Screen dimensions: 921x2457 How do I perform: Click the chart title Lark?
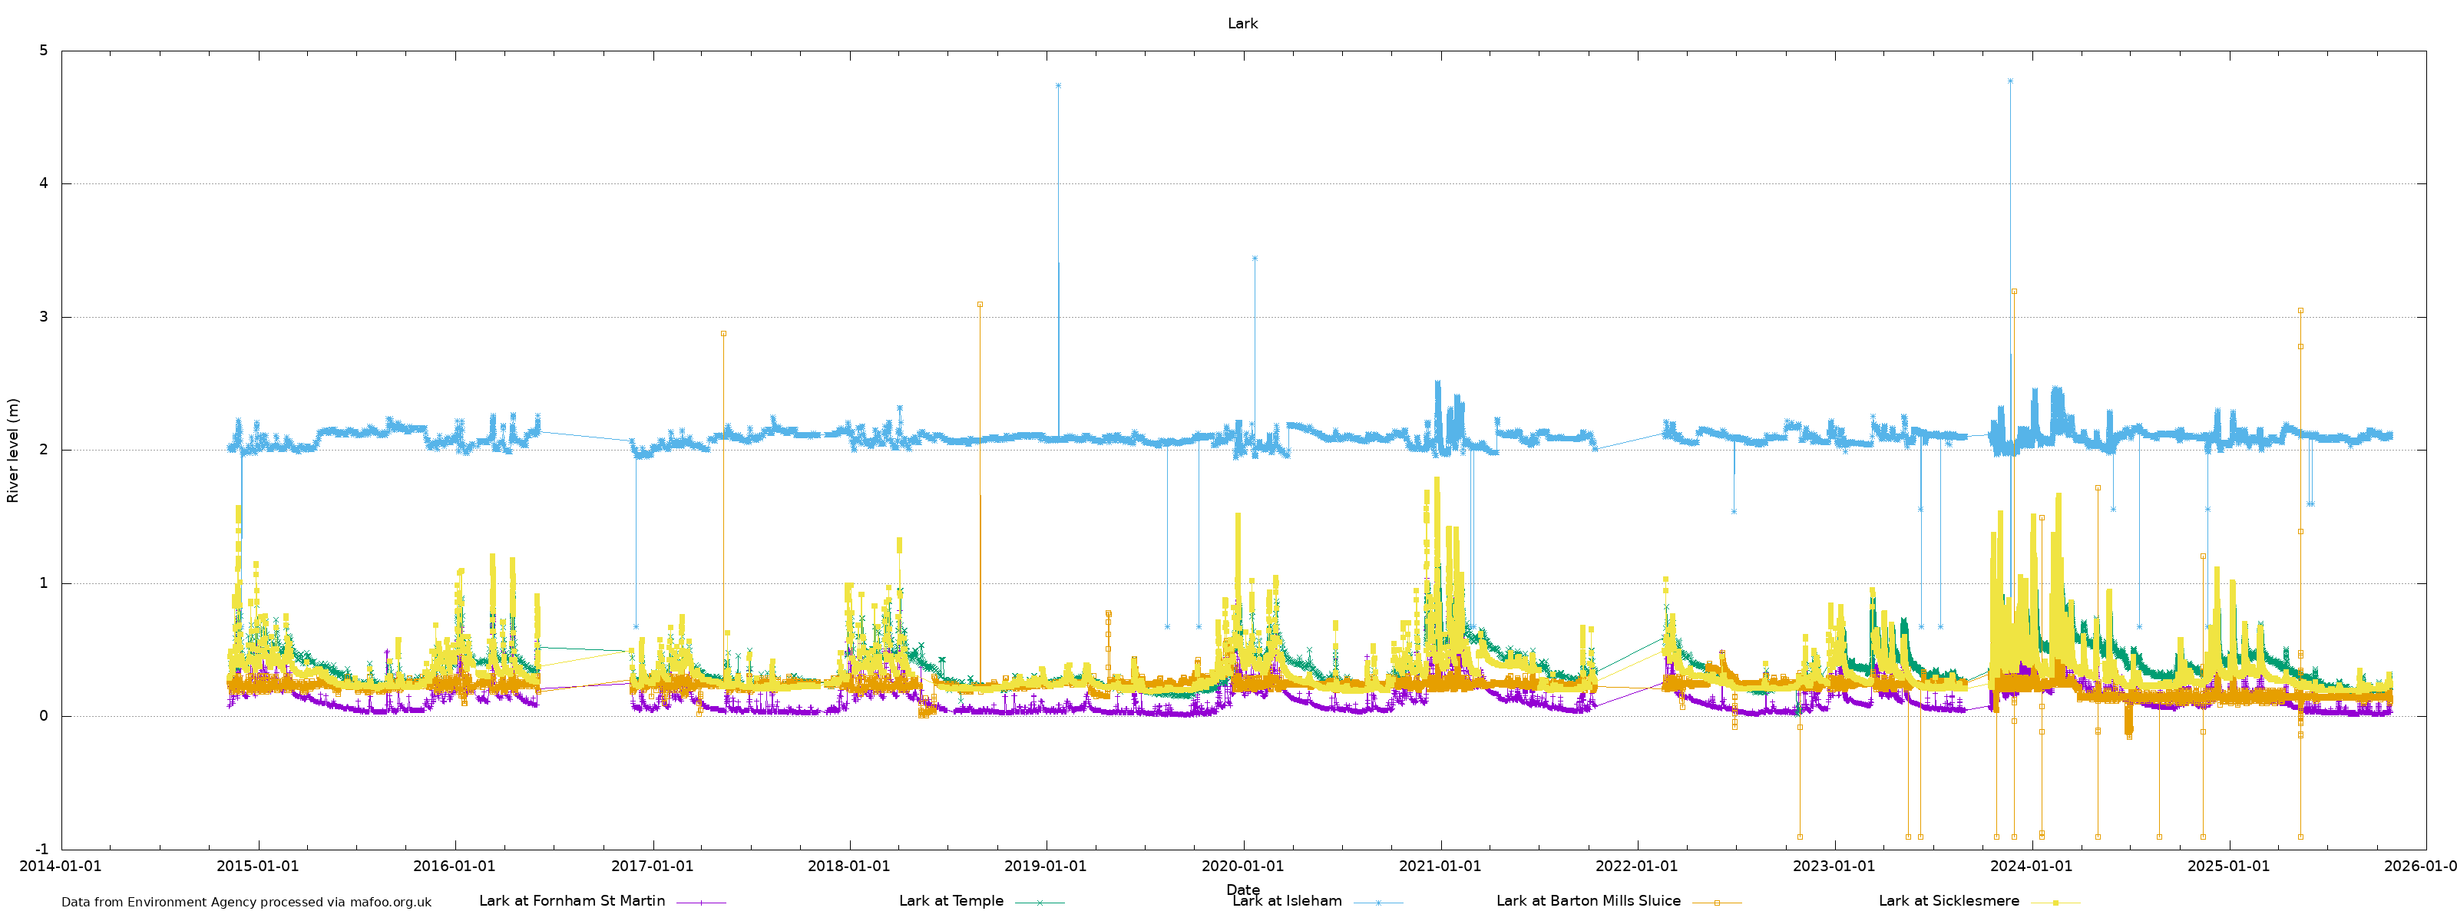click(1242, 24)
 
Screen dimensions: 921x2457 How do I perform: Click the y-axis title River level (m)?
click(13, 450)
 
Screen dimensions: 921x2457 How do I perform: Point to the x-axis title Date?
click(1242, 890)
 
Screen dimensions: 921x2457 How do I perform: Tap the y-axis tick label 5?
click(44, 51)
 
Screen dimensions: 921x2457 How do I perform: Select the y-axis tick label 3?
click(44, 316)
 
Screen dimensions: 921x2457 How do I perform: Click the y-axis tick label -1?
click(41, 850)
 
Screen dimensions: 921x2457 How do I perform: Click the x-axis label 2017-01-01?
click(653, 867)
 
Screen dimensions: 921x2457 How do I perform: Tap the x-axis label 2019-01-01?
click(1047, 867)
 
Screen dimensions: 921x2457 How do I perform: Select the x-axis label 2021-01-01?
click(1440, 867)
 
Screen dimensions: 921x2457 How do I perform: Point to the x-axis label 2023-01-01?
click(1834, 867)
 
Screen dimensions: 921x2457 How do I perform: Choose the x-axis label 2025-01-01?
click(2228, 867)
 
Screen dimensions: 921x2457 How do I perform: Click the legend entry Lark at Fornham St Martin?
click(572, 901)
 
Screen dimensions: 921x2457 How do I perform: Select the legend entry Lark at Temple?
click(951, 901)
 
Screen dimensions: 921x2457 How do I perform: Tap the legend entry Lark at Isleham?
click(1287, 901)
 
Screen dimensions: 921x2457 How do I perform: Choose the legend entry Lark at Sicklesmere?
click(1949, 901)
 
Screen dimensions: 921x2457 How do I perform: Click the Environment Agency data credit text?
click(246, 902)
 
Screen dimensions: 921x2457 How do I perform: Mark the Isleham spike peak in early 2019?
click(1058, 86)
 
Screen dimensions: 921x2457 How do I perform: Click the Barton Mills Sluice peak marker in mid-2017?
click(723, 334)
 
